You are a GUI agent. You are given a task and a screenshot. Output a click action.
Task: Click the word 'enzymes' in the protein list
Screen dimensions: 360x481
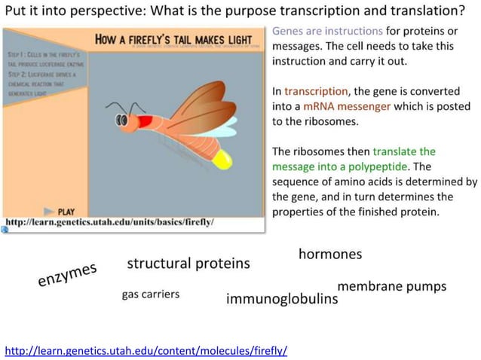click(x=68, y=275)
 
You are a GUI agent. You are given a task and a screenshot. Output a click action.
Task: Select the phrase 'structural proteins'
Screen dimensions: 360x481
click(x=188, y=264)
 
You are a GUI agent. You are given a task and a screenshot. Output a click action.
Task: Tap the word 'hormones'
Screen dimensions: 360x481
click(x=329, y=254)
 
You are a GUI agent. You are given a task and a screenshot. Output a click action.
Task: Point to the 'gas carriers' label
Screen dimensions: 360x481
click(x=151, y=294)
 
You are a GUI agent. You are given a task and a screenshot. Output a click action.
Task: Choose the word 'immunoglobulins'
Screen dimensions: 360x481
click(x=282, y=300)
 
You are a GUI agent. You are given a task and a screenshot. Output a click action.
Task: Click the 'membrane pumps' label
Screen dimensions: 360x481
click(x=391, y=286)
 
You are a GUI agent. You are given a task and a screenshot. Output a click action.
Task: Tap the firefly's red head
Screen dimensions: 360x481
click(x=142, y=118)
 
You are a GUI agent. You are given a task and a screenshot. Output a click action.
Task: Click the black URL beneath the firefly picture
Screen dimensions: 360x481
click(x=110, y=222)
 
